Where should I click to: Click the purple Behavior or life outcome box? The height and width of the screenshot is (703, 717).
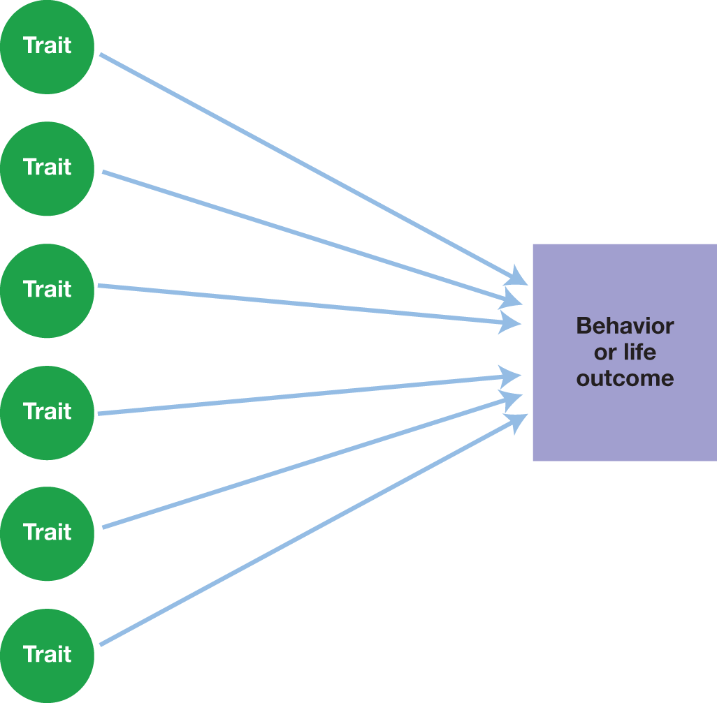(x=625, y=419)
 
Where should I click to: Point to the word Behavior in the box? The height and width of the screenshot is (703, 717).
(x=625, y=326)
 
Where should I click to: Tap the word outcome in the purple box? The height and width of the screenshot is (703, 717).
(x=625, y=378)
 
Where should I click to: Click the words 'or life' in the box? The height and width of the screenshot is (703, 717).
(x=625, y=353)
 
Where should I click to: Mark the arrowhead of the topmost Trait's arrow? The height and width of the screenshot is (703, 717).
(x=519, y=276)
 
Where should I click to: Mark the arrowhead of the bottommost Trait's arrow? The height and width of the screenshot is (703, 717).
(x=519, y=420)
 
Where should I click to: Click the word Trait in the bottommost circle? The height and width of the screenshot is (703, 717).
(x=48, y=654)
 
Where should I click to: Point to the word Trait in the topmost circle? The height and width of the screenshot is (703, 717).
(x=48, y=45)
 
